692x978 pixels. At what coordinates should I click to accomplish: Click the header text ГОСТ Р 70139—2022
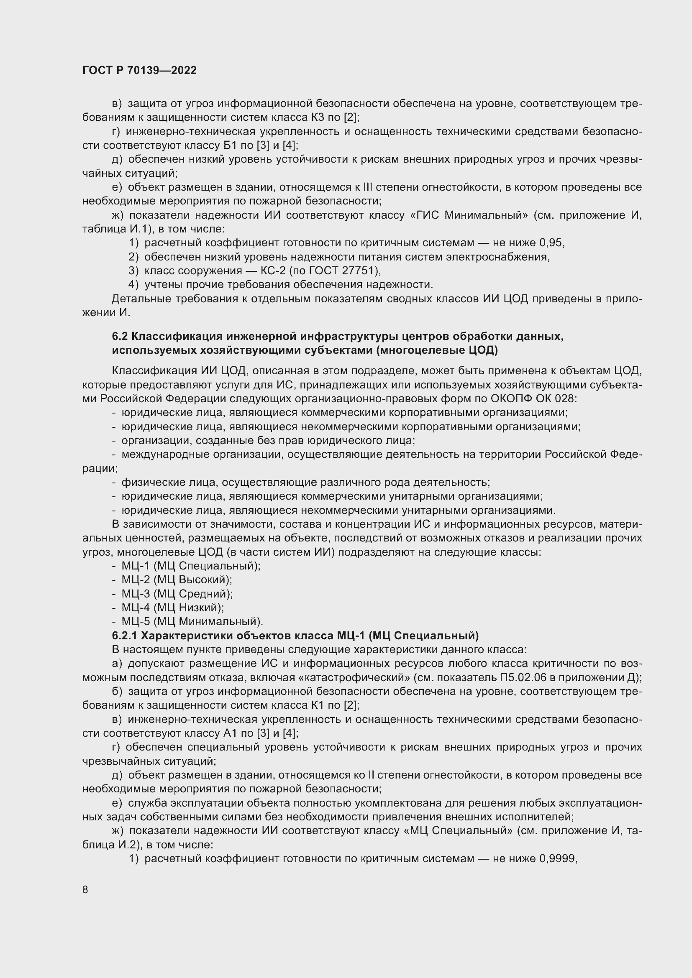point(139,71)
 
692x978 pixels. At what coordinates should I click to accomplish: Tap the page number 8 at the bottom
point(85,889)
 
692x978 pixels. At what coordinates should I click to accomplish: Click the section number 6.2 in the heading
point(120,337)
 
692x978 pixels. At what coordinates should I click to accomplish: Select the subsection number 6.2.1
point(124,636)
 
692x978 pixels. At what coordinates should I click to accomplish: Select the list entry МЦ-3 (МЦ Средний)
point(177,594)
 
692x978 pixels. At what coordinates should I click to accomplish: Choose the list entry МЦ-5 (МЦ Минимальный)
point(192,621)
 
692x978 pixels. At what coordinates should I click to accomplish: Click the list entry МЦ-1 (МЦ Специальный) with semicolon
point(190,566)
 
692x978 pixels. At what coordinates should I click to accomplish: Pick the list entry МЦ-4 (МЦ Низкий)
point(172,608)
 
